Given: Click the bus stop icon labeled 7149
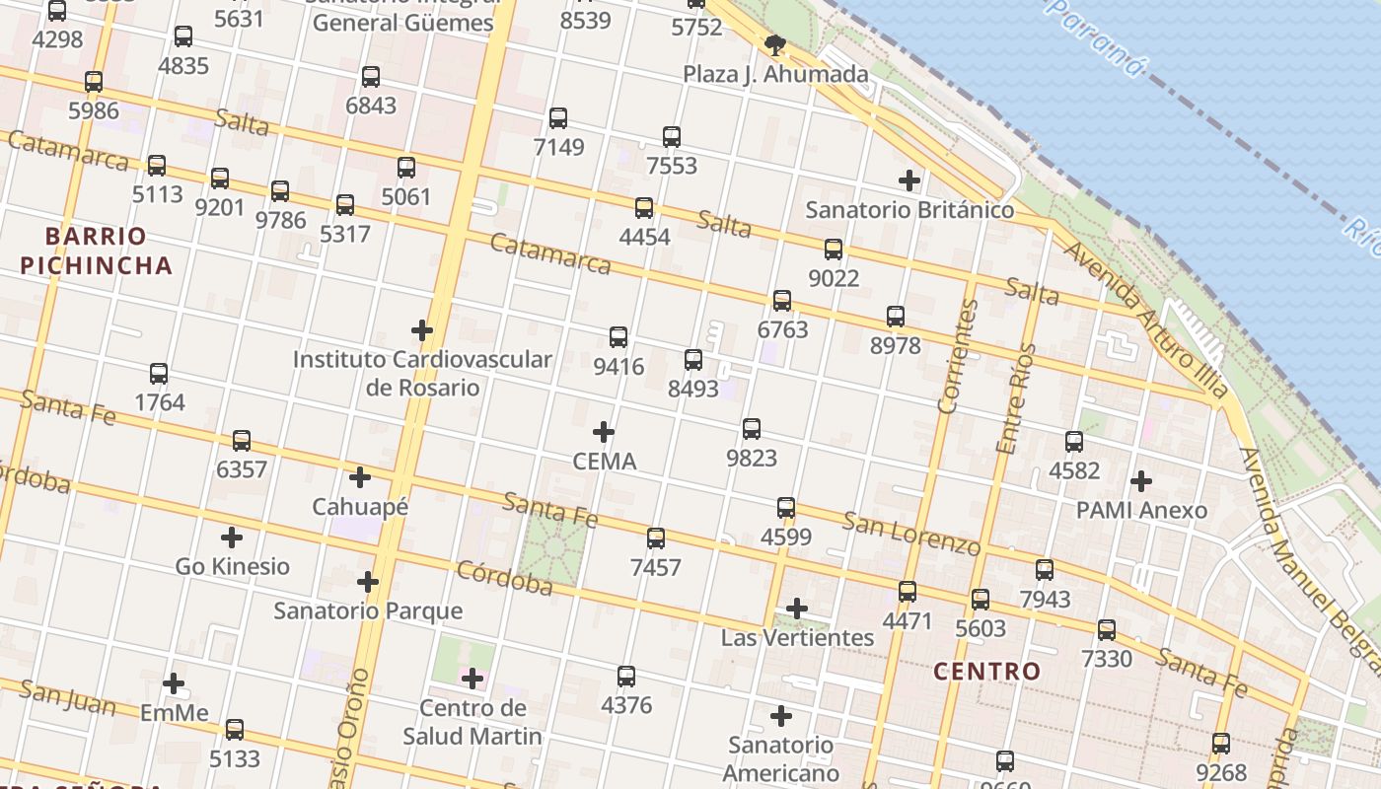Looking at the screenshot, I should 558,118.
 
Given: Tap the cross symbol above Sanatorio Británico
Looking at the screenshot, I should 909,180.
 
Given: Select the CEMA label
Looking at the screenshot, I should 605,461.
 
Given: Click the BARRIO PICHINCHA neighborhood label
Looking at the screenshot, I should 96,251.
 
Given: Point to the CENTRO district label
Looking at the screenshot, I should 986,672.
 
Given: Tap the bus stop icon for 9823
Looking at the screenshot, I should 752,429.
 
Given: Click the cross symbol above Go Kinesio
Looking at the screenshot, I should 232,538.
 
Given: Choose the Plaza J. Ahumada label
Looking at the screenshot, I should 775,74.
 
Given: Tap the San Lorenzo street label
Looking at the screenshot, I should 911,533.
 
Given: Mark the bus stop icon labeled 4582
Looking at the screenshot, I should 1074,442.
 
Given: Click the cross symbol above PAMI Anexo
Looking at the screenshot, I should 1141,481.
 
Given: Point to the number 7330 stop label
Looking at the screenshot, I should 1107,658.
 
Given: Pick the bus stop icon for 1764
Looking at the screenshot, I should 159,374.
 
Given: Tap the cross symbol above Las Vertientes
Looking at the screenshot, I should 797,609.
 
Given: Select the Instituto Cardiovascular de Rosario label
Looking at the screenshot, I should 422,373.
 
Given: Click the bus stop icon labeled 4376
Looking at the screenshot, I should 626,677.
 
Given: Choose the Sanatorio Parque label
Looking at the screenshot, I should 368,610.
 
